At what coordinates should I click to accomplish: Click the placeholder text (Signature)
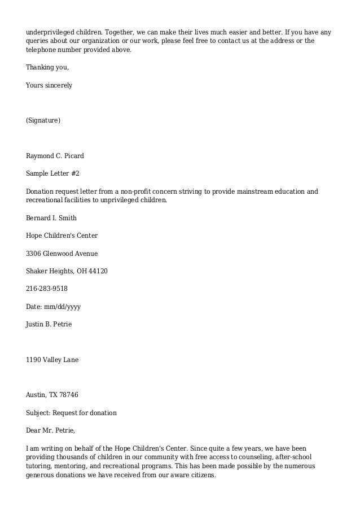pyautogui.click(x=43, y=120)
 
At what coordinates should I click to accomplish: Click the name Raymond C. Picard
pyautogui.click(x=55, y=155)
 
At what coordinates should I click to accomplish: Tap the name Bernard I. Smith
pyautogui.click(x=51, y=217)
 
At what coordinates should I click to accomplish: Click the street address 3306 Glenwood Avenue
pyautogui.click(x=62, y=254)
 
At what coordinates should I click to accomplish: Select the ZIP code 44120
pyautogui.click(x=98, y=271)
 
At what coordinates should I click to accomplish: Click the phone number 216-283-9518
pyautogui.click(x=47, y=289)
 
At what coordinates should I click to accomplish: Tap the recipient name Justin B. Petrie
pyautogui.click(x=49, y=324)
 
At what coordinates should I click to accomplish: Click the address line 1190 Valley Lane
pyautogui.click(x=52, y=359)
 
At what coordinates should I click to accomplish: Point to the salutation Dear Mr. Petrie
pyautogui.click(x=50, y=430)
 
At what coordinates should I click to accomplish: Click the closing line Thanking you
pyautogui.click(x=47, y=68)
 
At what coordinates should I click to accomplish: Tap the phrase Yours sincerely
pyautogui.click(x=49, y=85)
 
